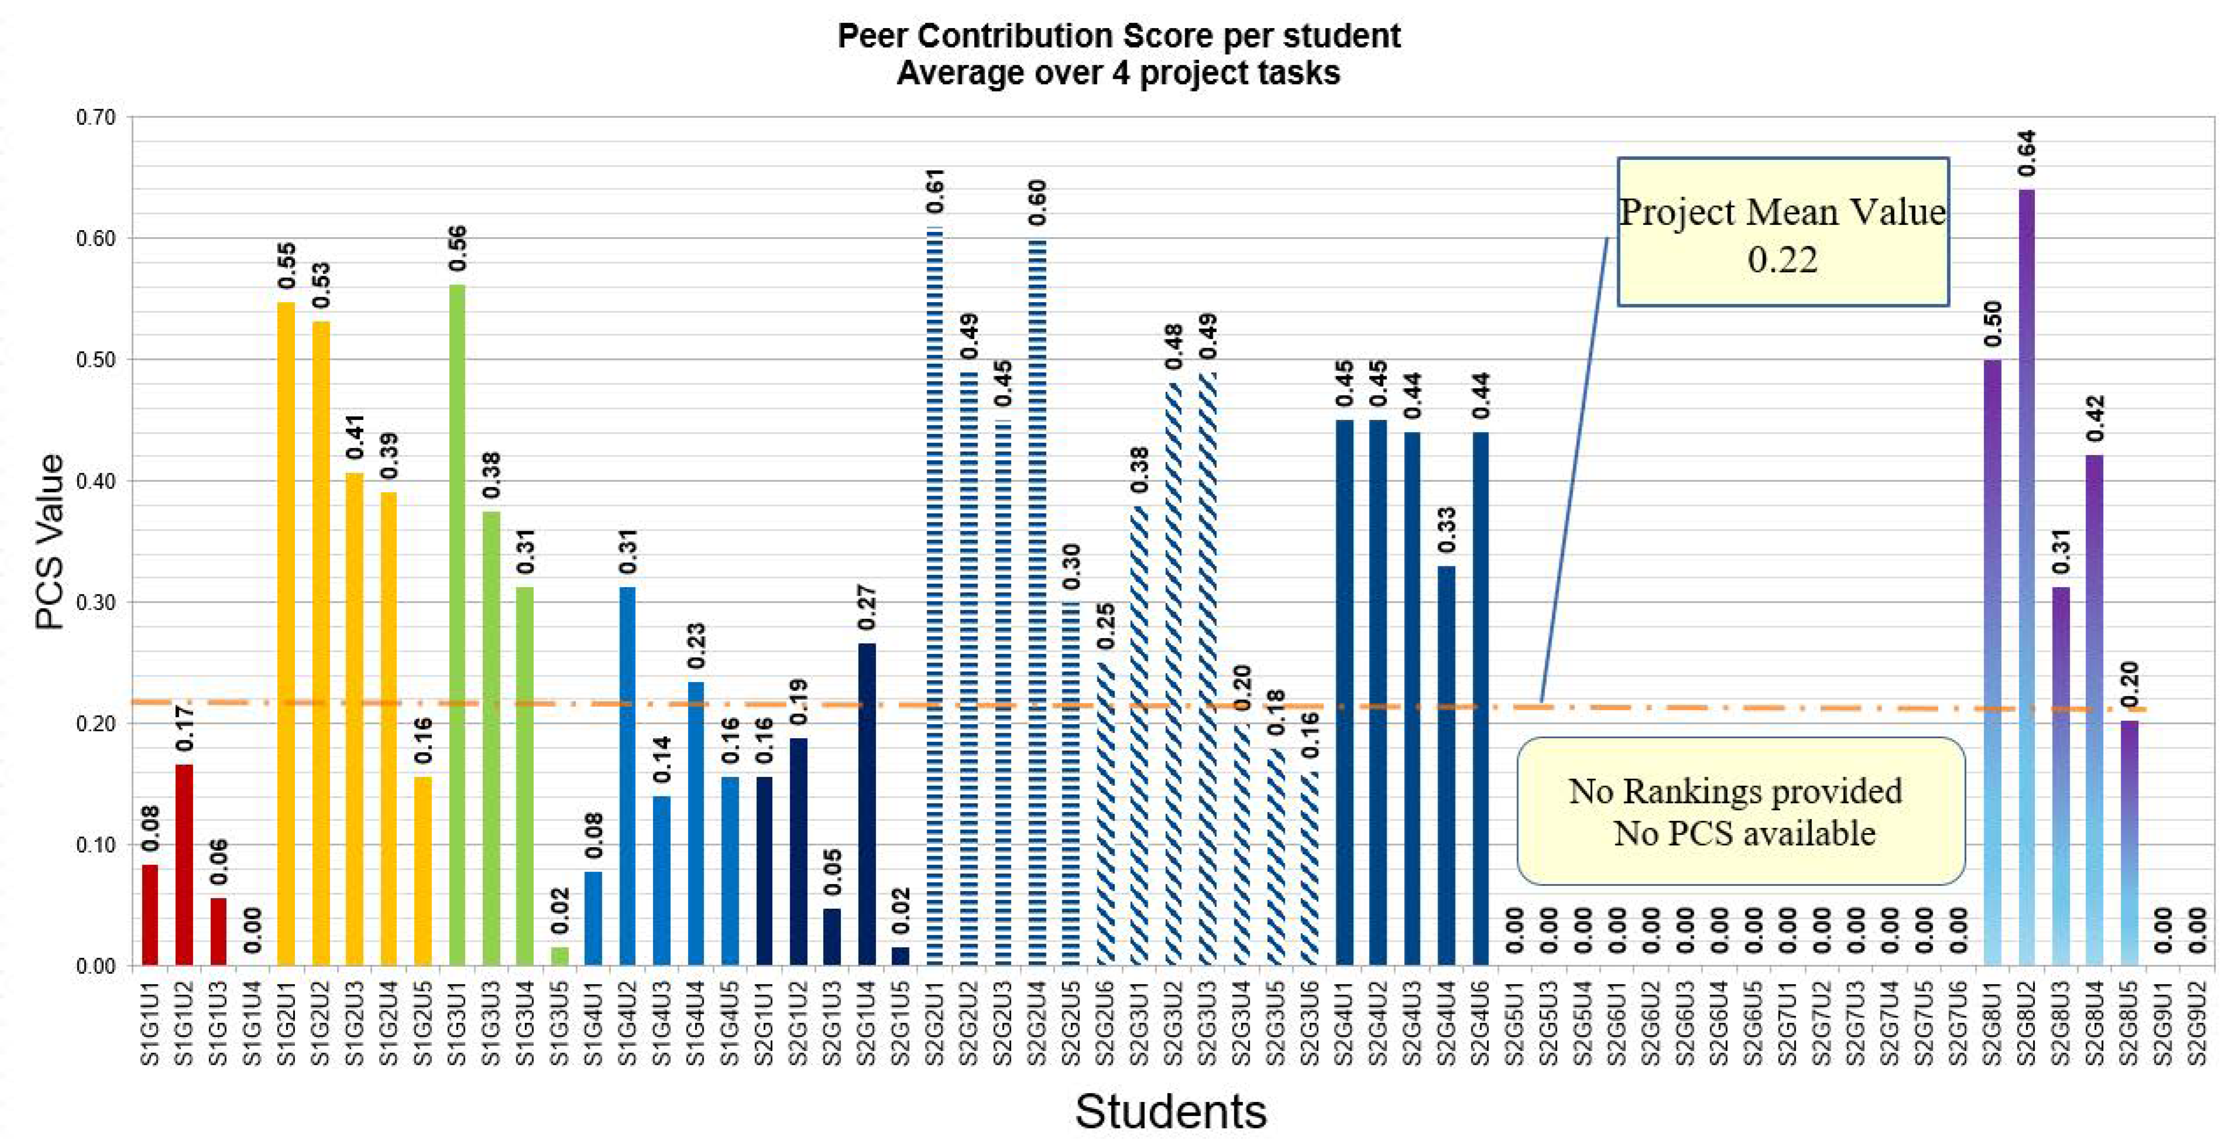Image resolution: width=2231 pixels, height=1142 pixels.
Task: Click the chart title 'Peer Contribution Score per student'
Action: click(x=1118, y=36)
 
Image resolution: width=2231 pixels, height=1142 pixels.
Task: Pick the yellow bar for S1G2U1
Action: click(x=286, y=632)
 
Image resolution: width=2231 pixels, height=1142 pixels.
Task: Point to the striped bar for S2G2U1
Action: click(x=935, y=598)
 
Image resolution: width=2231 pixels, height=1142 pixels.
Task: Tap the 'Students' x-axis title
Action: click(x=1171, y=1111)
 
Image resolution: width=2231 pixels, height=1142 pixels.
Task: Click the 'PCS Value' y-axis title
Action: click(x=50, y=541)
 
